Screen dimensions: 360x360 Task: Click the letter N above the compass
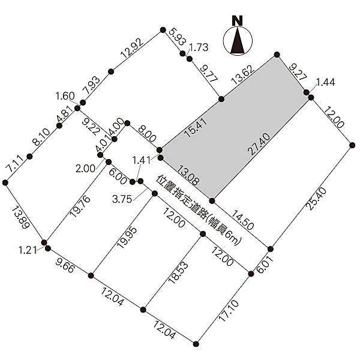tap(238, 20)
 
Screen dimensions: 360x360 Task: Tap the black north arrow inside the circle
tap(238, 41)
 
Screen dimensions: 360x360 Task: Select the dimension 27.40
tap(259, 144)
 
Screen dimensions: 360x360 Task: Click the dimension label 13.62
tap(243, 74)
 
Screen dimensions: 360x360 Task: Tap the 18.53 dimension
tap(178, 273)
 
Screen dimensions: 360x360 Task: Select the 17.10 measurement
tap(229, 311)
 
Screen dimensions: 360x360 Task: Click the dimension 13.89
tap(20, 218)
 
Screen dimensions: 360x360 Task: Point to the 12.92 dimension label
tap(132, 48)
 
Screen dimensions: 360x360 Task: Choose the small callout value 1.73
tap(199, 47)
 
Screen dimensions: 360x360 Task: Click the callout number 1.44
tap(326, 82)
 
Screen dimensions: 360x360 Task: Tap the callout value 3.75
tap(122, 199)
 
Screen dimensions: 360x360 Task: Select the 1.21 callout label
tap(28, 250)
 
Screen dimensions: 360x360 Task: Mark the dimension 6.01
tap(265, 264)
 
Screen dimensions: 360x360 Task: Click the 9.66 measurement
tap(65, 265)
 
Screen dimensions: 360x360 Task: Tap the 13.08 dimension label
tap(188, 175)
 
